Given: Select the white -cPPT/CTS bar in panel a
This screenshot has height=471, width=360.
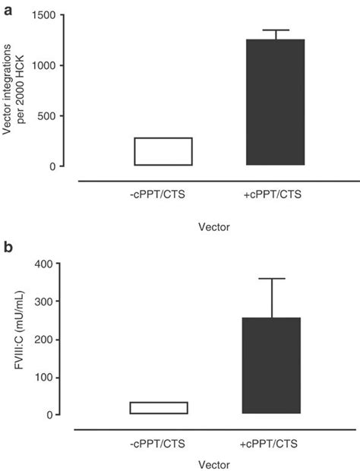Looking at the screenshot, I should pyautogui.click(x=163, y=151).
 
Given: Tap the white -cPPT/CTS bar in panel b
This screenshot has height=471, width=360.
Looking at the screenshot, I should pyautogui.click(x=158, y=408).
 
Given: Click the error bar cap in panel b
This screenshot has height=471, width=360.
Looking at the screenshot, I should pyautogui.click(x=271, y=279).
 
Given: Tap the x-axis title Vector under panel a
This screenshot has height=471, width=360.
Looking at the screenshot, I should pyautogui.click(x=215, y=226).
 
